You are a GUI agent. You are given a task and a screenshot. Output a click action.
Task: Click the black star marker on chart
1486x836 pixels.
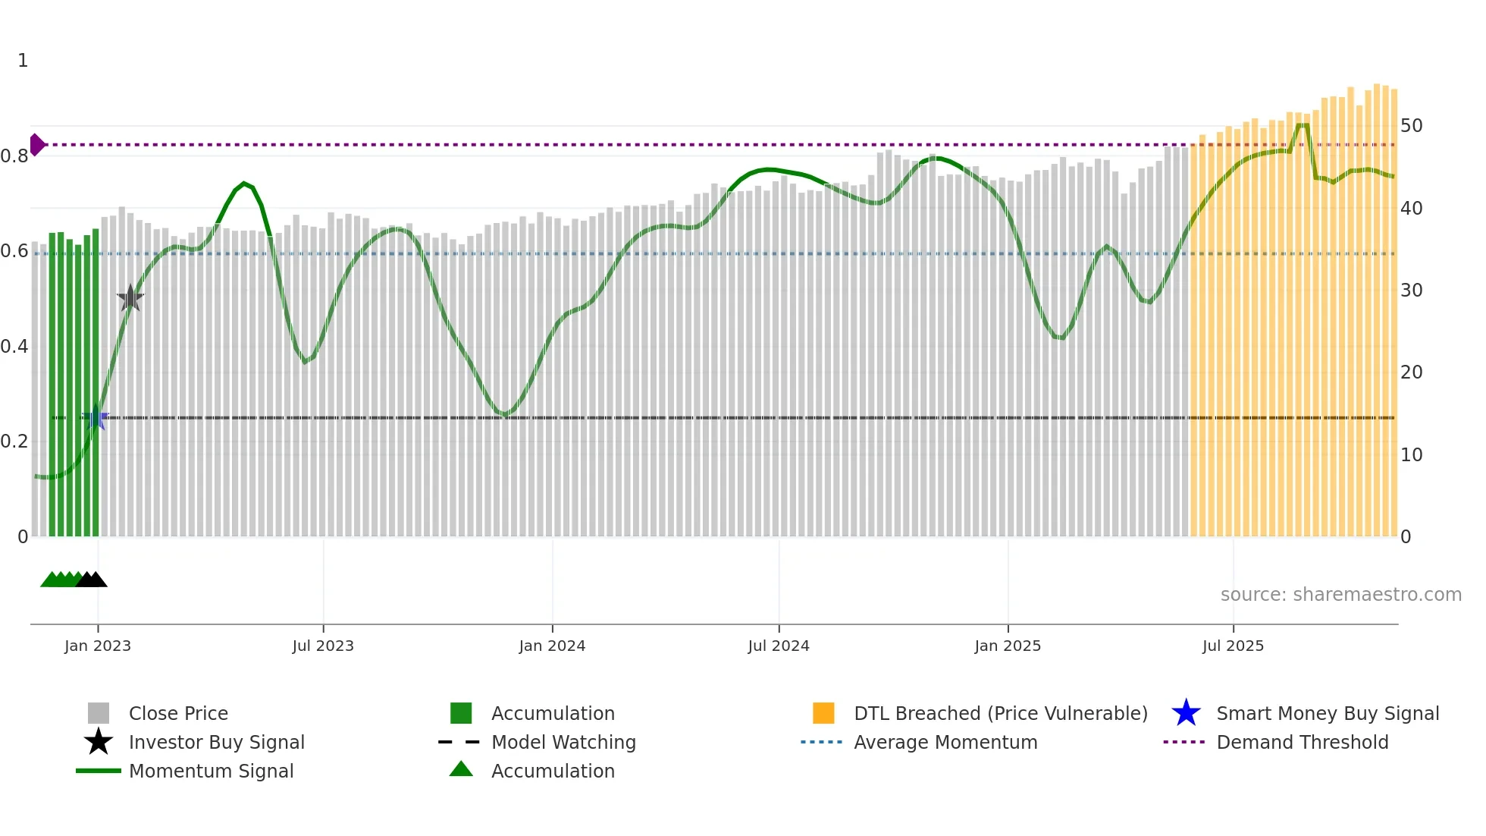click(x=130, y=298)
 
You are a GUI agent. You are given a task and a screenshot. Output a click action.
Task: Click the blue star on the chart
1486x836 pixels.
click(x=96, y=417)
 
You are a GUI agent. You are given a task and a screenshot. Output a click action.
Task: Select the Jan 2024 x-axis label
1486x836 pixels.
click(x=552, y=646)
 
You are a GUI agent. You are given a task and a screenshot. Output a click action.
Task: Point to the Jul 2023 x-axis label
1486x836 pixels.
click(x=323, y=646)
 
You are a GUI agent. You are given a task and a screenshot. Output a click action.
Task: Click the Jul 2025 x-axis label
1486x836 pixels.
click(x=1233, y=646)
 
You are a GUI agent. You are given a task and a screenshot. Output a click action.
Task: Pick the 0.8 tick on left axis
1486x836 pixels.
click(x=14, y=156)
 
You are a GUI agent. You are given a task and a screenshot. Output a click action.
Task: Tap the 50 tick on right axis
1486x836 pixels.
click(x=1411, y=126)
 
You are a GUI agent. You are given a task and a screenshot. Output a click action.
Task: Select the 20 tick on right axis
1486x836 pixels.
click(x=1411, y=372)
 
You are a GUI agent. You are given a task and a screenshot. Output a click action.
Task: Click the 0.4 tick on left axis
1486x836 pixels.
click(x=14, y=347)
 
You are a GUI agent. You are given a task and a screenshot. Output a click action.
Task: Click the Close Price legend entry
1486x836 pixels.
click(x=178, y=713)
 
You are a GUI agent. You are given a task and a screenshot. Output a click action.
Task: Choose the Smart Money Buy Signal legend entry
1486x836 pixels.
click(x=1327, y=713)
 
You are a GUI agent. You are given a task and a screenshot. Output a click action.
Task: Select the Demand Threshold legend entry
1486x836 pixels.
click(x=1302, y=742)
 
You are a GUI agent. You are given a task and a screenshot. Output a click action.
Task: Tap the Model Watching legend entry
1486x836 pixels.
click(x=563, y=742)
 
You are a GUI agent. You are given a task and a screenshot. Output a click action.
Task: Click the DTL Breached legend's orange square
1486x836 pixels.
click(x=823, y=713)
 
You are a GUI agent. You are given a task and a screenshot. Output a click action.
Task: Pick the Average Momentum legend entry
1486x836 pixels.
click(x=945, y=742)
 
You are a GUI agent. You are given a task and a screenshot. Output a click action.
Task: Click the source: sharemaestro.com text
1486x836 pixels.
click(x=1340, y=595)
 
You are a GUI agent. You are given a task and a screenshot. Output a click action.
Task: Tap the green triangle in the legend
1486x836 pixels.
click(x=461, y=769)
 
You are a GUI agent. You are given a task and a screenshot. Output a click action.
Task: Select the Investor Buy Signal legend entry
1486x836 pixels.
click(x=216, y=742)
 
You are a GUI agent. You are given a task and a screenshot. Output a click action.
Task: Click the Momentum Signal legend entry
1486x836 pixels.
click(x=211, y=771)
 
